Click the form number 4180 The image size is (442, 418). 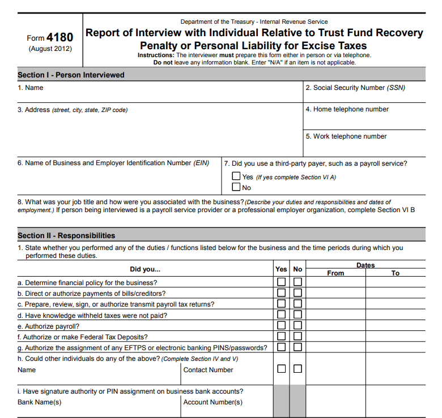59,37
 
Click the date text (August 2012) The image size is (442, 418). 50,49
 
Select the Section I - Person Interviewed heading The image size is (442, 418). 71,75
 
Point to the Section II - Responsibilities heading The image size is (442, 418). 66,235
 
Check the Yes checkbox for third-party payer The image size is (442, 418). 236,176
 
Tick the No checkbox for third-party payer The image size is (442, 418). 236,187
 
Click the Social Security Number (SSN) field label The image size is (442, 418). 355,88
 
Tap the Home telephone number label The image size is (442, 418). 347,109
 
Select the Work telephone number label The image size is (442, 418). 346,136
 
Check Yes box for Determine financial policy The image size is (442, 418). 281,282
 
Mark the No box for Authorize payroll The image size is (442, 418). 297,326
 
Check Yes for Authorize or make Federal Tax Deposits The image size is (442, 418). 281,337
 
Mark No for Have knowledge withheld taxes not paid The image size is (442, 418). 297,314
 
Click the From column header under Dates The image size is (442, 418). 335,273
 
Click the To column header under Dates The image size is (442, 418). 395,273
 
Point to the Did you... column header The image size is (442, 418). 145,269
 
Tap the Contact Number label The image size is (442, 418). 208,370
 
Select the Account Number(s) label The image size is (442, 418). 212,402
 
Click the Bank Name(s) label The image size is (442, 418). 40,402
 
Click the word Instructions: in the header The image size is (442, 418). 156,55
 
